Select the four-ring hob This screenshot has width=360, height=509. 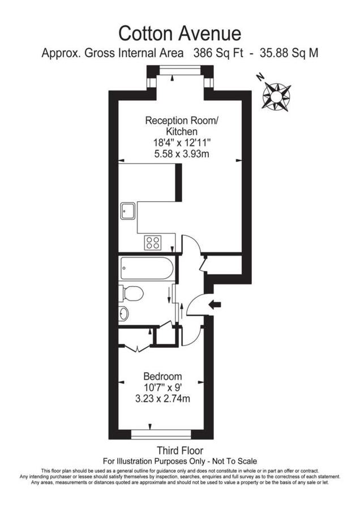tap(153, 242)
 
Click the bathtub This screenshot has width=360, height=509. tap(145, 268)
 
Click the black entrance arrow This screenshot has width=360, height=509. tap(215, 305)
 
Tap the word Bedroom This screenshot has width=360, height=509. tap(162, 376)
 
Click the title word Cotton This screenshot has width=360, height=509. tap(145, 32)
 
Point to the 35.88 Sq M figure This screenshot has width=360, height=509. tap(289, 54)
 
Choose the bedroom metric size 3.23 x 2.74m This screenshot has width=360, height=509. tap(162, 399)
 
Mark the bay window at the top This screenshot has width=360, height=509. tap(179, 70)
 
